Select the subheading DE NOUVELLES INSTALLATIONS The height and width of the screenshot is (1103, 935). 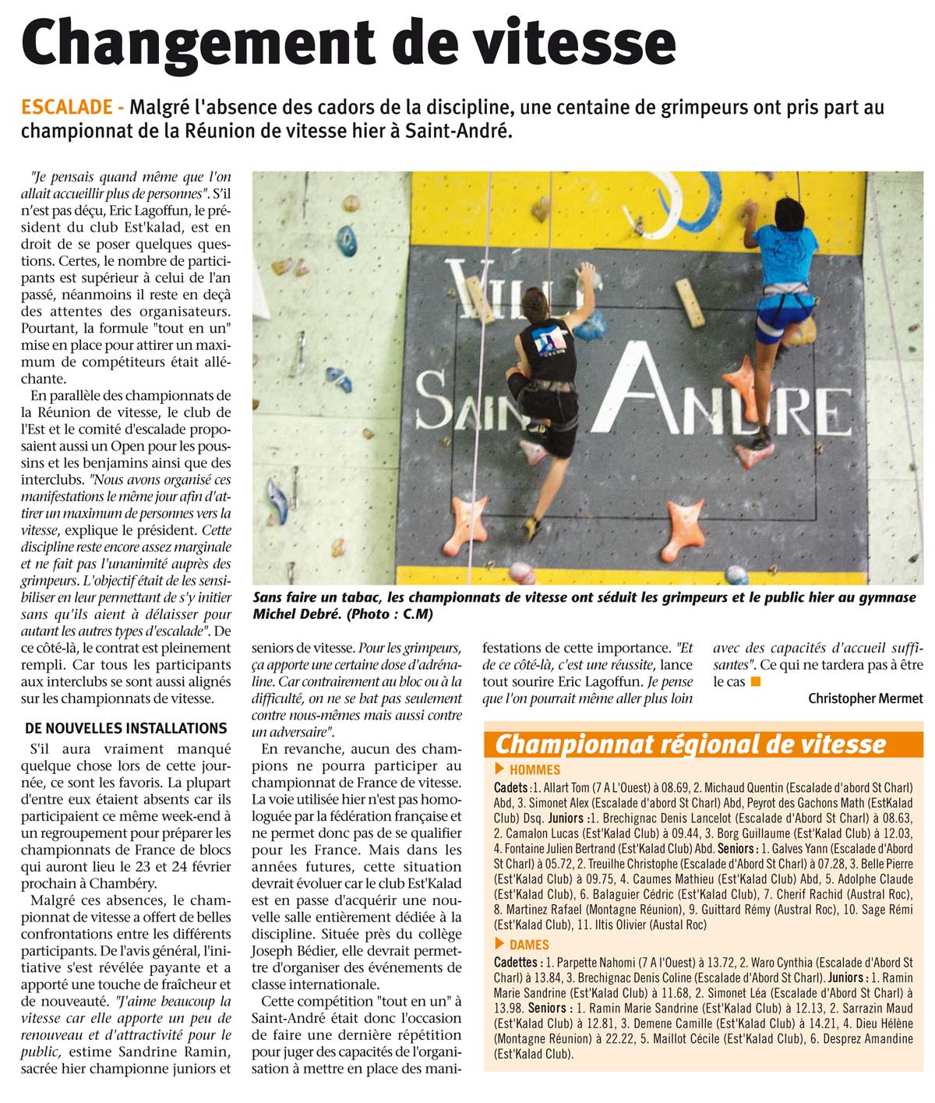[x=126, y=728]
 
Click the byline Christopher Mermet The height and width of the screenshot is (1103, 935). [x=865, y=698]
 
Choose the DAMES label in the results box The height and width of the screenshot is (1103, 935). [x=529, y=945]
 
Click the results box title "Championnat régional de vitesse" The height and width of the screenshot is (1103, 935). [x=690, y=744]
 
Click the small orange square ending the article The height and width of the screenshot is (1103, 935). [x=754, y=682]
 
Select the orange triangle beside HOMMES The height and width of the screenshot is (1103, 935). [x=499, y=769]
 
